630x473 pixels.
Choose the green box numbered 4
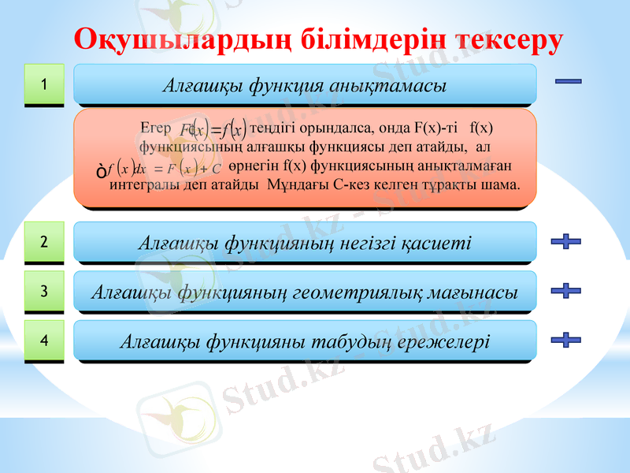pos(44,341)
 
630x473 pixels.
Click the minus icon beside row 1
pos(568,80)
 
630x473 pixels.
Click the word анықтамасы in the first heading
pos(393,84)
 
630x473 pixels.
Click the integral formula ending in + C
pos(157,168)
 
